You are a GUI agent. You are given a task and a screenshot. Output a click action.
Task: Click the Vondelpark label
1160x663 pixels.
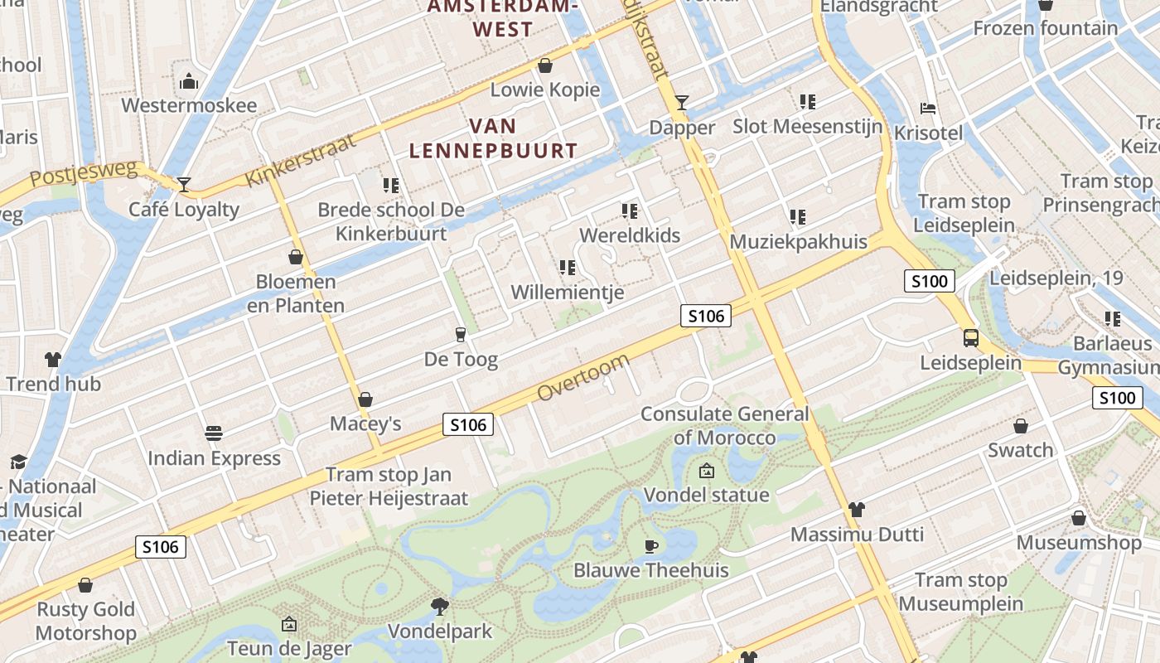440,632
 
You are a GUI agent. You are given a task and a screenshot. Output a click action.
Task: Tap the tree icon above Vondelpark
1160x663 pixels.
440,607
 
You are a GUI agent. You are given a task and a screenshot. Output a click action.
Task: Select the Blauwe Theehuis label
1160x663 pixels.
651,570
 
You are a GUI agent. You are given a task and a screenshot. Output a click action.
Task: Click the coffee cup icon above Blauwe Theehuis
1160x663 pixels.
651,546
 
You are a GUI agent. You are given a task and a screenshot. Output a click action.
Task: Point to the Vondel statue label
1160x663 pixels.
707,496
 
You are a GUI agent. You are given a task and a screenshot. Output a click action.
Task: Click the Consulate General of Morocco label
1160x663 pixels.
725,425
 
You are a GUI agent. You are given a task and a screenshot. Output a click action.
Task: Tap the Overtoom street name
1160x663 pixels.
583,378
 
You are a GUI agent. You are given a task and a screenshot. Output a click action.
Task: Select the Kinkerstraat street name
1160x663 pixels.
301,160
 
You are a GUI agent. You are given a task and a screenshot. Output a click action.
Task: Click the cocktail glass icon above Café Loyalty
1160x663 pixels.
184,184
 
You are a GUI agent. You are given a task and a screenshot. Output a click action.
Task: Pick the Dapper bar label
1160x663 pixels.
682,128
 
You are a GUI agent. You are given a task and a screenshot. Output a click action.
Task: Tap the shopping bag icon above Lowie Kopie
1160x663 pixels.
545,65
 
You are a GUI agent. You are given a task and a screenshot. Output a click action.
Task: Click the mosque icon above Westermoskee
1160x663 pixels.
189,81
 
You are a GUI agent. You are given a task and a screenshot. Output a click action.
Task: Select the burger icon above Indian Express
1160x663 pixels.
214,433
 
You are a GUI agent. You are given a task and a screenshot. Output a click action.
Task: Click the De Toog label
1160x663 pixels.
461,360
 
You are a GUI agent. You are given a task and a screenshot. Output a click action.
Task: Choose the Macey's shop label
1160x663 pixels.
365,424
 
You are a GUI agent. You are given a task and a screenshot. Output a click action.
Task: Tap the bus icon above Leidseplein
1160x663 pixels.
970,338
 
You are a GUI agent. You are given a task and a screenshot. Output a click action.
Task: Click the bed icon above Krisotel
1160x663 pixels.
928,109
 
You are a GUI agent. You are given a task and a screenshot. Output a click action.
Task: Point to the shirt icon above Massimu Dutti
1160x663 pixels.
856,509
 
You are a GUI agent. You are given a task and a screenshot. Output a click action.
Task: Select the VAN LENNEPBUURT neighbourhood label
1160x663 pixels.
494,138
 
